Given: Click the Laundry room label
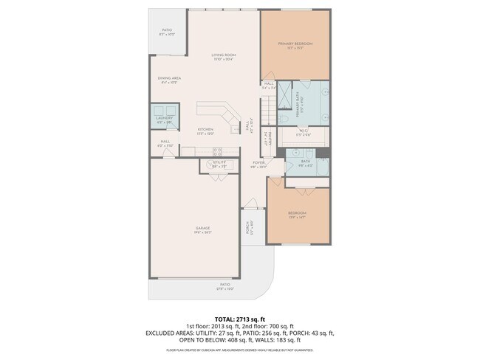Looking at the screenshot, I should click(164, 119).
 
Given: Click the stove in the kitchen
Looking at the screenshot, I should click(219, 153).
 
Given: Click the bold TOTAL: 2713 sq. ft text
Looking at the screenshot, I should click(240, 318).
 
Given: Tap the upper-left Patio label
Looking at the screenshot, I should click(167, 32).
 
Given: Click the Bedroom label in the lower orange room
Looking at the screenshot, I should click(297, 214).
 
